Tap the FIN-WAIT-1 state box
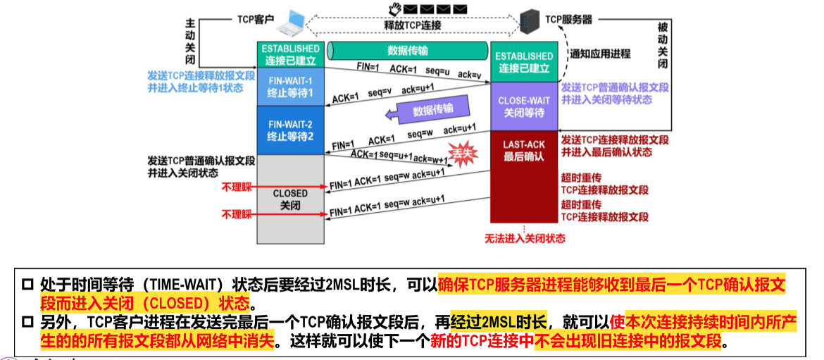coord(290,86)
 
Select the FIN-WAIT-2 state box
coord(290,130)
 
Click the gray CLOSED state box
coord(290,198)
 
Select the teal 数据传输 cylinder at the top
coord(408,51)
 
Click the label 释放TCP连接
coord(412,25)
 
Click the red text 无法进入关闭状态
coord(525,238)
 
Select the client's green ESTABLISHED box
coord(290,54)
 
